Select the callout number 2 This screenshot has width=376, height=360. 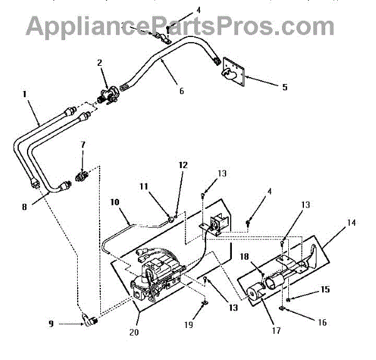coord(99,62)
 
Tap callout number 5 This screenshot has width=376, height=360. coord(285,87)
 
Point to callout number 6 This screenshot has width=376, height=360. coord(181,91)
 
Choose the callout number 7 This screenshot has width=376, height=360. coord(83,146)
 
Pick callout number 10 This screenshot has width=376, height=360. coord(115,203)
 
